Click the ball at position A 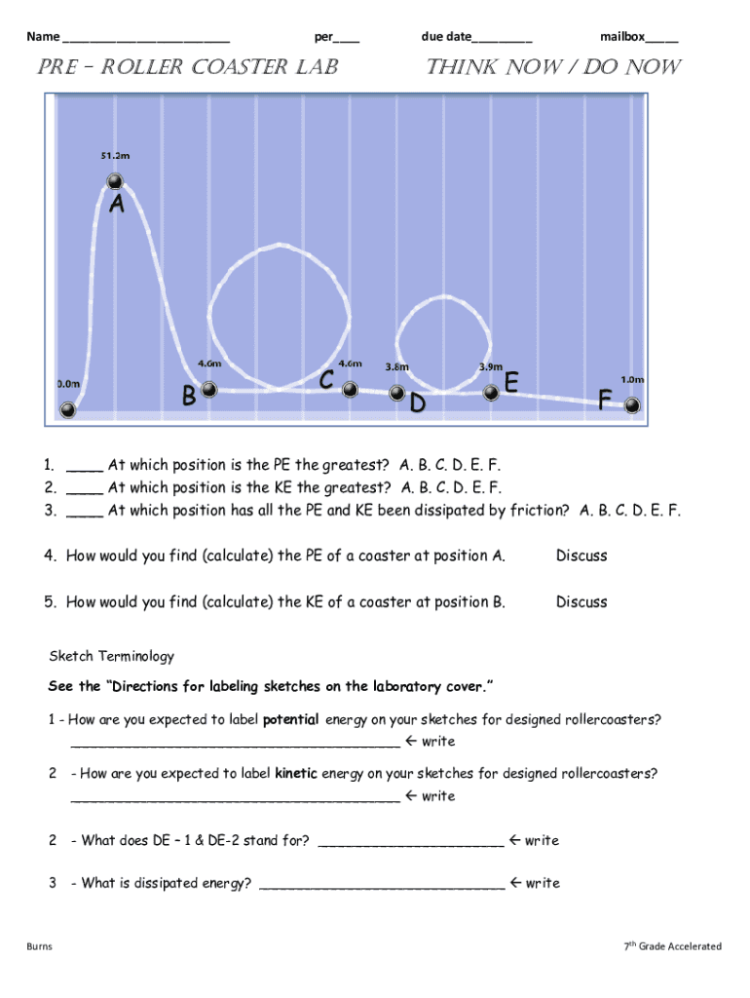click(115, 181)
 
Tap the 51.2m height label click(114, 155)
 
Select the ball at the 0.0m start click(69, 409)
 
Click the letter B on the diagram click(189, 397)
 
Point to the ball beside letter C click(350, 390)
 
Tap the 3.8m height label click(396, 367)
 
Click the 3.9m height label click(491, 367)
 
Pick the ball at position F click(633, 405)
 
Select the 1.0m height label click(633, 379)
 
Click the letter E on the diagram click(510, 382)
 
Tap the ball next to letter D click(397, 393)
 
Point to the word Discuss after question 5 click(581, 602)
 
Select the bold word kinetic click(296, 774)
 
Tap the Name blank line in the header click(145, 38)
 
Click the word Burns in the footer click(39, 946)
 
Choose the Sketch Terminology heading click(111, 656)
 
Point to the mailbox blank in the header click(662, 38)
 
